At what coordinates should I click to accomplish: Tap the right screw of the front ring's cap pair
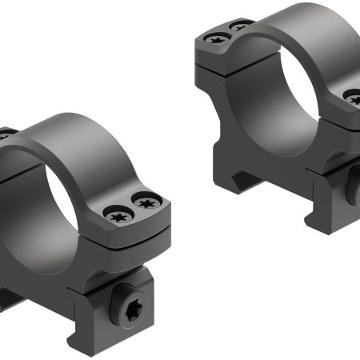point(146,203)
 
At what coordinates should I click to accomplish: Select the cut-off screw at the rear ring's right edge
point(354,99)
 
